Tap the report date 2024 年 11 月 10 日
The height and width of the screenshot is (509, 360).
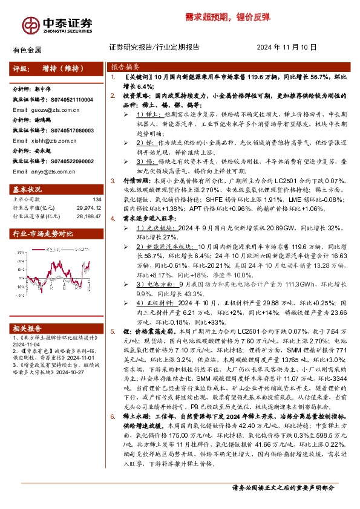pos(287,47)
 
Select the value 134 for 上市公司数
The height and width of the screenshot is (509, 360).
pos(96,199)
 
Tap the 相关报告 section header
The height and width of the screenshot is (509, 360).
pos(27,328)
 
